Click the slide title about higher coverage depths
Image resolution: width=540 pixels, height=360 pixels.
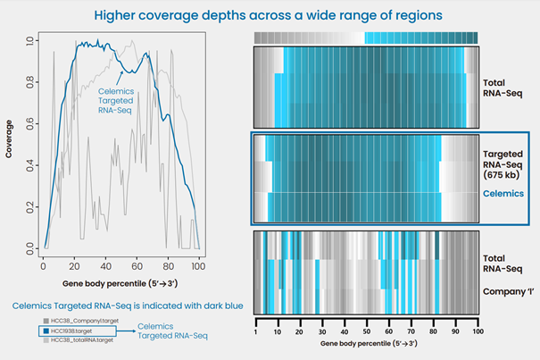coord(270,15)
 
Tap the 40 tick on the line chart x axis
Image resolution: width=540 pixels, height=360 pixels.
coord(105,266)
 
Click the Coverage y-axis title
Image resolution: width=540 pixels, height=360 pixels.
coord(10,143)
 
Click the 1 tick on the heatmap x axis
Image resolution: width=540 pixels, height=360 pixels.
coord(256,331)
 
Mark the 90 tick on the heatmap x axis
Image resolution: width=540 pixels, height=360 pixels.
coord(455,331)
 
